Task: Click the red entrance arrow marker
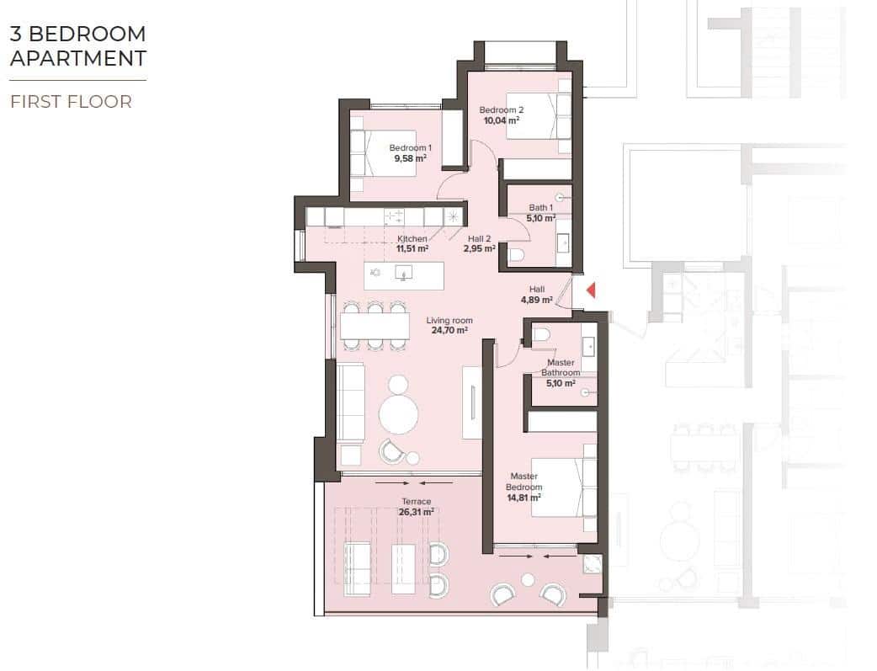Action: pyautogui.click(x=592, y=290)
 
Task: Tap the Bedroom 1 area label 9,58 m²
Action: pyautogui.click(x=410, y=157)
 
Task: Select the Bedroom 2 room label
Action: pyautogui.click(x=502, y=109)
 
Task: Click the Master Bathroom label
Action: pyautogui.click(x=560, y=368)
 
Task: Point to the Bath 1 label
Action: pyautogui.click(x=540, y=208)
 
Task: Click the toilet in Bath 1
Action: pyautogui.click(x=517, y=254)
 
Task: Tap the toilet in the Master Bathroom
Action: pyautogui.click(x=541, y=335)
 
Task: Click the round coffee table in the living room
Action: pyautogui.click(x=399, y=414)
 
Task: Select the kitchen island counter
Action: pyautogui.click(x=403, y=274)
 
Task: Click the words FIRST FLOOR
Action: pyautogui.click(x=71, y=102)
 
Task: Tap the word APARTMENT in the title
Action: pyautogui.click(x=78, y=58)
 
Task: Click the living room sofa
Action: pyautogui.click(x=350, y=402)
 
